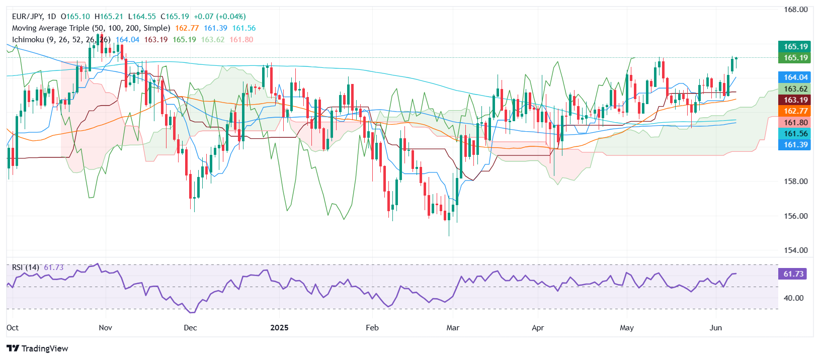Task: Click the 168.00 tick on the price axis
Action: (795, 10)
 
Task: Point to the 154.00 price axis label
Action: (795, 250)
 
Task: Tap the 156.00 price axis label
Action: (795, 216)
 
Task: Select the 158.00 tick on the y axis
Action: (795, 182)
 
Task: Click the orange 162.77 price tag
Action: (795, 111)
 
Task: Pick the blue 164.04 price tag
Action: (795, 77)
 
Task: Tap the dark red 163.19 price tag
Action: (795, 100)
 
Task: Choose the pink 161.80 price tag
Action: (795, 123)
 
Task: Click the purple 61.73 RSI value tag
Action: (793, 274)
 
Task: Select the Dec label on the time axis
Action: (190, 328)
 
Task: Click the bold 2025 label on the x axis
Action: (279, 328)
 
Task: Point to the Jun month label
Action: (715, 328)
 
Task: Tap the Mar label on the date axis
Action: (453, 328)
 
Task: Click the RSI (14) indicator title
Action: (25, 267)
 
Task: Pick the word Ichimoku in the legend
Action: (28, 40)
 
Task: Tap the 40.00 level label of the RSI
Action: (793, 298)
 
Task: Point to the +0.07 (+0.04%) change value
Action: (220, 17)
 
